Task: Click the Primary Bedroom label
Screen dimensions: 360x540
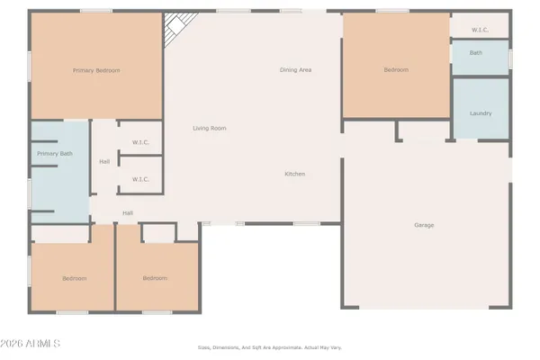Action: point(96,70)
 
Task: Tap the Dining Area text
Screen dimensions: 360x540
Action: point(295,69)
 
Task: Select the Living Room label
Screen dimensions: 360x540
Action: point(209,129)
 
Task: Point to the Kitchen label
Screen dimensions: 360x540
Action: point(295,174)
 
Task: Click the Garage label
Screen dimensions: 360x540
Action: point(424,224)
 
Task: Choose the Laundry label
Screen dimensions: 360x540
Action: point(480,113)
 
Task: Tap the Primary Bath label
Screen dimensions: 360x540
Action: point(54,154)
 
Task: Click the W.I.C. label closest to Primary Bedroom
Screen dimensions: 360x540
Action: point(140,141)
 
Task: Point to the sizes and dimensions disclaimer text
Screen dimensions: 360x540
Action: point(270,347)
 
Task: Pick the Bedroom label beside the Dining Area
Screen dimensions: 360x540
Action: point(396,69)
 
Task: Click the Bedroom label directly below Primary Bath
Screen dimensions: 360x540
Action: point(74,278)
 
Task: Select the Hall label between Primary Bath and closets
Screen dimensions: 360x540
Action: point(104,162)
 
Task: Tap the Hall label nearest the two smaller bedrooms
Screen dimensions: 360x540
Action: point(128,212)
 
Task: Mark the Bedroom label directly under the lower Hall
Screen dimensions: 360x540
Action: point(155,278)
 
